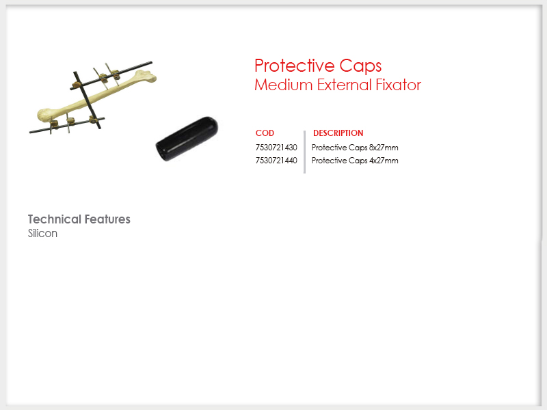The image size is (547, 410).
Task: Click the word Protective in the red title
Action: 295,66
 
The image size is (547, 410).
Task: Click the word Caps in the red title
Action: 360,66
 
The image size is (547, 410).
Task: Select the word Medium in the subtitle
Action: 283,85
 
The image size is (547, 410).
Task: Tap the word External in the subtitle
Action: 345,85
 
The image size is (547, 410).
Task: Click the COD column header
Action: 265,133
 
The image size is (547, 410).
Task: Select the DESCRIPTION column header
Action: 338,133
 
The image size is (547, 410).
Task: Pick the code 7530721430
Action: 276,148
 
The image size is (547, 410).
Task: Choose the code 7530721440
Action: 276,161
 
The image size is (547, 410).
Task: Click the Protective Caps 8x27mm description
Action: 355,148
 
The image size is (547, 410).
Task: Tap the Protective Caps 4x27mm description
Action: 355,161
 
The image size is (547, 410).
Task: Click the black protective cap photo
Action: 187,139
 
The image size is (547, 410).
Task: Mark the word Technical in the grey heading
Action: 55,219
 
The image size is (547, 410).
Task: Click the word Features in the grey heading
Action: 107,219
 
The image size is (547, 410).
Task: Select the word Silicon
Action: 42,233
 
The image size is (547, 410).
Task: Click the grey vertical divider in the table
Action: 304,152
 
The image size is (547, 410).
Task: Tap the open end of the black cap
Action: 161,151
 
